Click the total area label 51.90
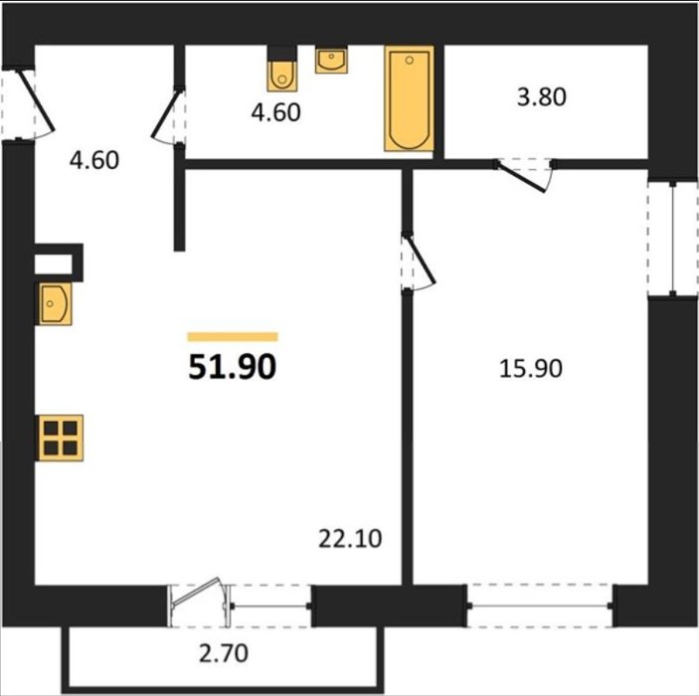tap(233, 367)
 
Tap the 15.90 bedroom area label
tap(531, 369)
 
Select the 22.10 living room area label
tap(350, 539)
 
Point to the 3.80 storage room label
tap(542, 96)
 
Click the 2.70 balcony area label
tap(224, 653)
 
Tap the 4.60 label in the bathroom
tap(276, 112)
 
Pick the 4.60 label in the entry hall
tap(94, 160)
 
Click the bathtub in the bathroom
tap(410, 98)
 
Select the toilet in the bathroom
tap(282, 70)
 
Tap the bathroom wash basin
tap(331, 60)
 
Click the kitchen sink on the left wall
tap(54, 303)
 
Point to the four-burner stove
tap(61, 437)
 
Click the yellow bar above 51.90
tap(233, 337)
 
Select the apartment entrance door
tap(37, 100)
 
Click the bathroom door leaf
tap(166, 114)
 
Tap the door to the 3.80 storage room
tap(521, 177)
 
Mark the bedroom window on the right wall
tap(673, 238)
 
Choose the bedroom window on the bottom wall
tap(540, 606)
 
